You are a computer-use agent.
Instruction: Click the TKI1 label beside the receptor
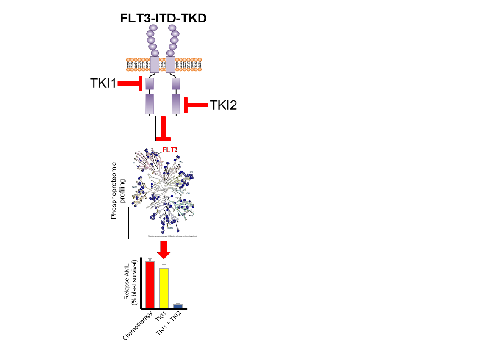103,83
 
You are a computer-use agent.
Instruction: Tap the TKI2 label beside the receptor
223,105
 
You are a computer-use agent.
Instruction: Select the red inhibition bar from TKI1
130,83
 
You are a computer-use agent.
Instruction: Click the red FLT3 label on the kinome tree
170,150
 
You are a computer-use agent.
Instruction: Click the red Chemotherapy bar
150,285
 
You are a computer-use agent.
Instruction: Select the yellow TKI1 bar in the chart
164,288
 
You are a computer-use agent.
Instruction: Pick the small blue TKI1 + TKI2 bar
177,306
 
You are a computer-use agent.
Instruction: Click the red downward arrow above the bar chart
163,249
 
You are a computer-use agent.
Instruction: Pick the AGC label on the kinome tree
191,216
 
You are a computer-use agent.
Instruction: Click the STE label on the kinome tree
191,172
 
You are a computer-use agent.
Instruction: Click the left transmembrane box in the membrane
154,65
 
